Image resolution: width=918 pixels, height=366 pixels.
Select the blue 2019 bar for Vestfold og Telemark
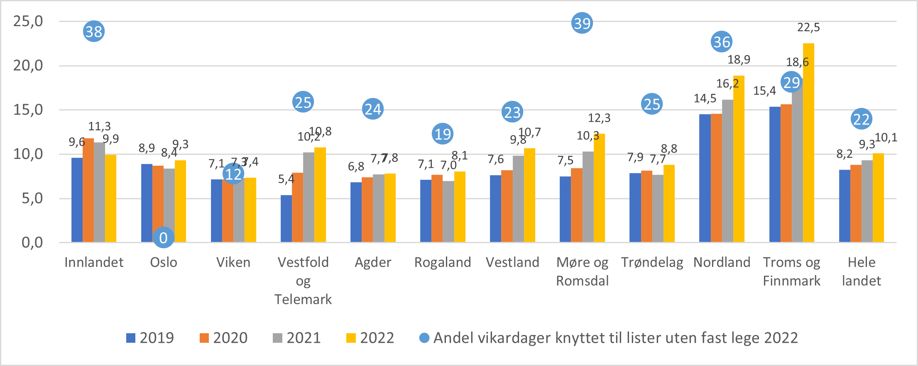(x=286, y=219)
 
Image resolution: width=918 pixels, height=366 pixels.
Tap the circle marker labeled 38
(x=94, y=32)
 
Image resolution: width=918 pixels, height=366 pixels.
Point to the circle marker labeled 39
(x=582, y=23)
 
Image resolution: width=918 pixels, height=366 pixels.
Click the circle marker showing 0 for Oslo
(x=164, y=238)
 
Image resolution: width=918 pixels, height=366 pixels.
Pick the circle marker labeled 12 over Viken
(x=233, y=174)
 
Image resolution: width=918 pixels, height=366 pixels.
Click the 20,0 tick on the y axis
(x=28, y=66)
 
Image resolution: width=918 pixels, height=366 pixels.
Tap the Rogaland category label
(x=443, y=262)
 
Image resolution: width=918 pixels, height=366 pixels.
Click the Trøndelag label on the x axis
(x=652, y=262)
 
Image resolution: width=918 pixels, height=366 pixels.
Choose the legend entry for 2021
(x=296, y=338)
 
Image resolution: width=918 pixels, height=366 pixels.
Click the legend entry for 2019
(x=150, y=338)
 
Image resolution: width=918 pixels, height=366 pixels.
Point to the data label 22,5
(x=808, y=27)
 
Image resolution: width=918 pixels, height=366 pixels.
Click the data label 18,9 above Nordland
(x=739, y=60)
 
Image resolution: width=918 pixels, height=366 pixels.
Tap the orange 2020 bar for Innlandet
(x=88, y=190)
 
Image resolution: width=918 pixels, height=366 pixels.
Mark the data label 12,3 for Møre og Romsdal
(x=599, y=118)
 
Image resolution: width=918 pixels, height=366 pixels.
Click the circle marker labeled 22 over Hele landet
(x=861, y=120)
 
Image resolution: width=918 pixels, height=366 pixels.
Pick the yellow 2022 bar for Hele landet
(x=878, y=198)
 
